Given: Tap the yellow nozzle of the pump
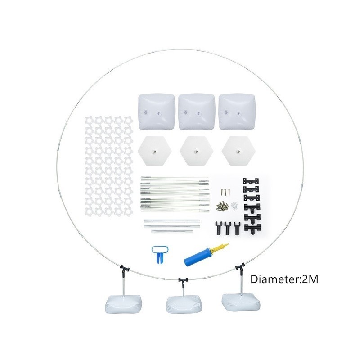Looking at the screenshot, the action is coord(221,248).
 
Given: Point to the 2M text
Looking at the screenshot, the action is coord(310,279).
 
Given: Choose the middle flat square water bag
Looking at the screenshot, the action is coord(197,112).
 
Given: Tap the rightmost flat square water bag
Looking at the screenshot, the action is coord(237,111).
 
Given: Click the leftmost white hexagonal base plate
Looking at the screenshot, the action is coord(154,151).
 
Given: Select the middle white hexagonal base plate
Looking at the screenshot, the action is coord(197,151).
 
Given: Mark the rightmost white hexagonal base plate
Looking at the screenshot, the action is coord(238,151).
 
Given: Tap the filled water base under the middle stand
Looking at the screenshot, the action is coord(184,306).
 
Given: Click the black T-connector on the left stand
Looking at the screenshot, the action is coord(125,269).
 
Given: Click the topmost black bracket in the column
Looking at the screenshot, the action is coord(251,181).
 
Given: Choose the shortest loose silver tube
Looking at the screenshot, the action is coord(172,231).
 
